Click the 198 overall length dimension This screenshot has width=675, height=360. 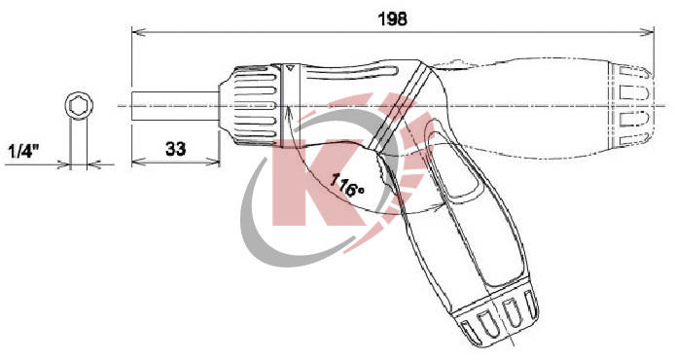392,18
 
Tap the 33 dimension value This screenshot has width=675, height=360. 176,149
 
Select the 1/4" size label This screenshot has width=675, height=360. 23,151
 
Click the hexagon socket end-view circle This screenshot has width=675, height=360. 79,105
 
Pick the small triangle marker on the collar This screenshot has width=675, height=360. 290,67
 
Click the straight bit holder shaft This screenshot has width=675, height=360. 176,106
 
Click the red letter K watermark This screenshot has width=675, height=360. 319,183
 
